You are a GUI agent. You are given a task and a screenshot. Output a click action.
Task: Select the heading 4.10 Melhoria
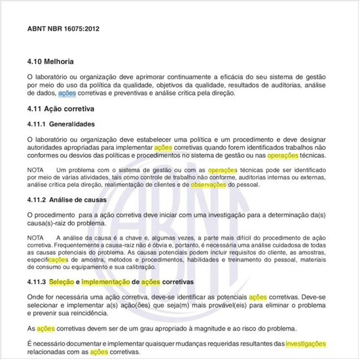pos(50,61)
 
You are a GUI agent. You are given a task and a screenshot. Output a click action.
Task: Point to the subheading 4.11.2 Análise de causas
pos(64,200)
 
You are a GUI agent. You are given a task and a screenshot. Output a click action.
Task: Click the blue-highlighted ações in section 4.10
pos(67,94)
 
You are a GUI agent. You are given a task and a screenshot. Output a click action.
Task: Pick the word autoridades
pos(49,148)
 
